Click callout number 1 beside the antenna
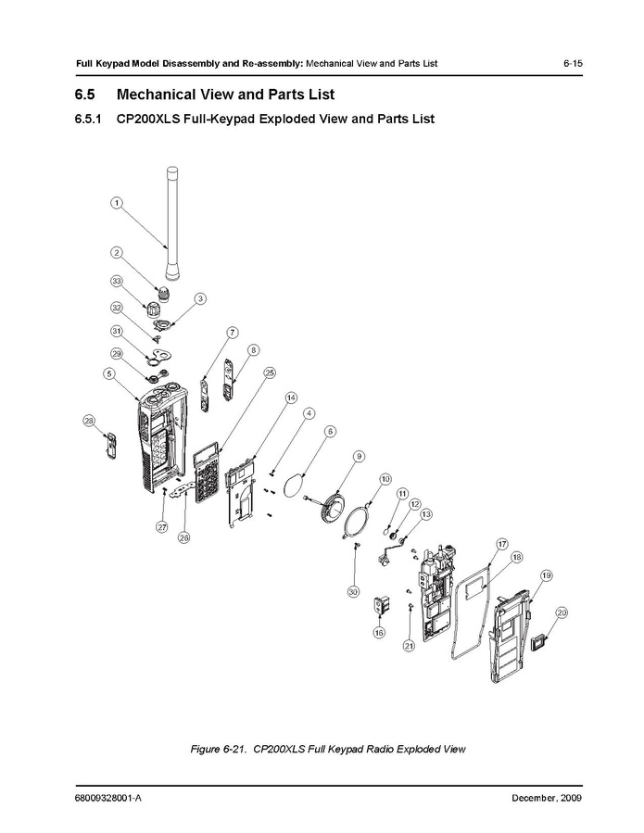click(x=117, y=202)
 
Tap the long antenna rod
click(x=171, y=223)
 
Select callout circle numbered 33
click(x=117, y=281)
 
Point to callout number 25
click(x=270, y=372)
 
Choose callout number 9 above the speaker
click(x=360, y=457)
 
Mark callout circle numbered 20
click(x=562, y=612)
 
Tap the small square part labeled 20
click(x=539, y=642)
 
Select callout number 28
click(x=89, y=422)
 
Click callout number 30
click(x=353, y=591)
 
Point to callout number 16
click(x=379, y=633)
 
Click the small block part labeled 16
click(x=379, y=606)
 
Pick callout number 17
click(x=501, y=544)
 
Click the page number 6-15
click(x=573, y=63)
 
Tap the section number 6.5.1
click(x=88, y=119)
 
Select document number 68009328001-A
click(x=108, y=798)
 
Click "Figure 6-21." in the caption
click(x=219, y=749)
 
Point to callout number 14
click(x=291, y=398)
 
